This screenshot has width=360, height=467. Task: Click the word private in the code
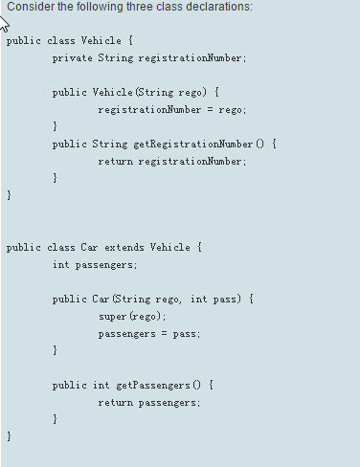73,58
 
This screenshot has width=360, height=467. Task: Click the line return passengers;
149,402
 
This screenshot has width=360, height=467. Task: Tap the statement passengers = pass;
149,333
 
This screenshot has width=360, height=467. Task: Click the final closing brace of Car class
9,436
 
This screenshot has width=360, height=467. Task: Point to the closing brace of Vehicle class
9,195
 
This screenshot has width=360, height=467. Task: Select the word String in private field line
115,58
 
